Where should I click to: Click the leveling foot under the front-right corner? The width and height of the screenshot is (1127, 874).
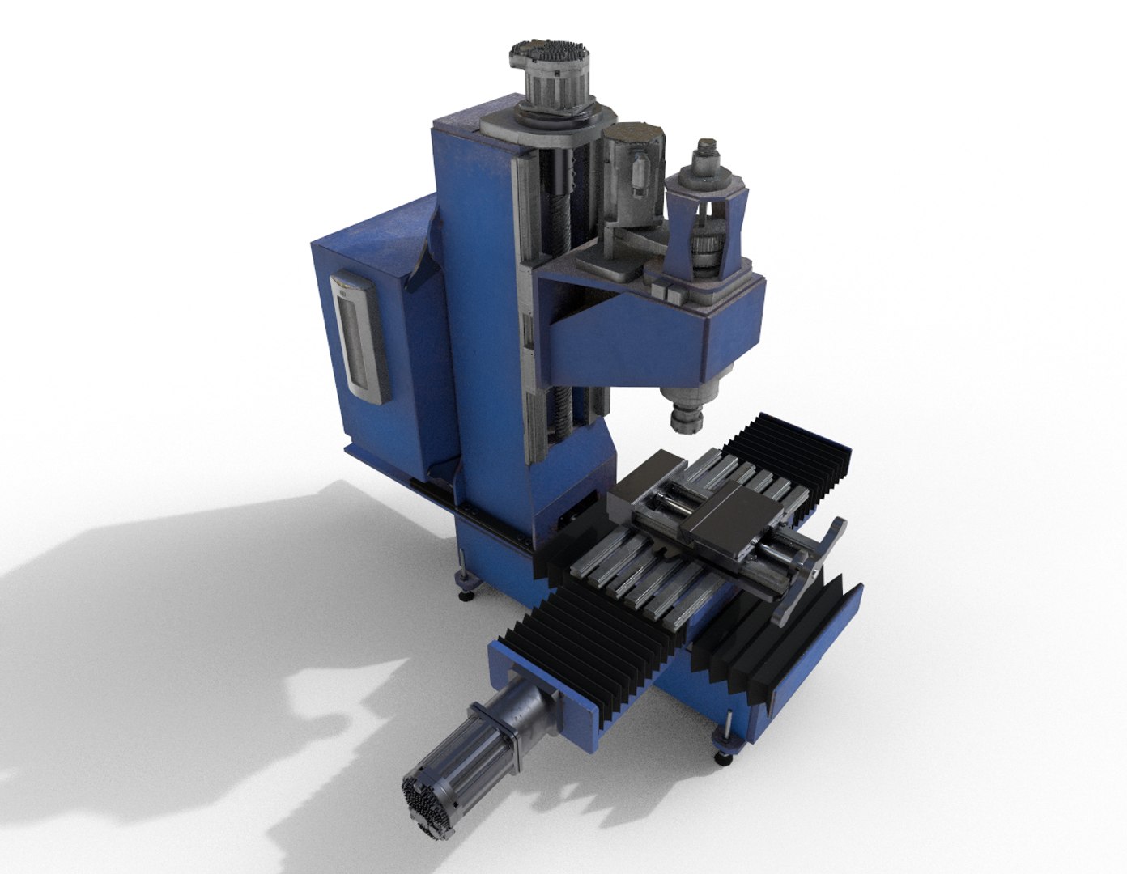click(723, 756)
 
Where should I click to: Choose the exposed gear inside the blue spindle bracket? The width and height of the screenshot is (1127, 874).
click(705, 251)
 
